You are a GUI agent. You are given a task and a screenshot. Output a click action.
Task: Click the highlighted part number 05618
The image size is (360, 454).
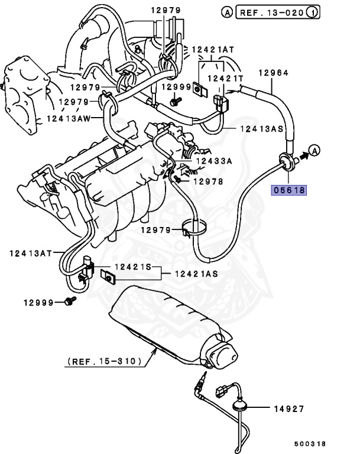pyautogui.click(x=290, y=190)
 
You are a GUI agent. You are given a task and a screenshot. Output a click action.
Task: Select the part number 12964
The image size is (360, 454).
pyautogui.click(x=274, y=73)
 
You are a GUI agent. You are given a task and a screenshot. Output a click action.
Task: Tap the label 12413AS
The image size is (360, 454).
pyautogui.click(x=261, y=129)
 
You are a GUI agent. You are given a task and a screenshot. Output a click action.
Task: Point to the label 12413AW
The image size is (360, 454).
pyautogui.click(x=67, y=118)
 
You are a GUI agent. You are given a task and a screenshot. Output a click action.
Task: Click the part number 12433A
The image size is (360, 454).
pyautogui.click(x=215, y=160)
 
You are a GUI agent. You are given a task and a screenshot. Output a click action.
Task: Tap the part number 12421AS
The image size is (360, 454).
pyautogui.click(x=196, y=274)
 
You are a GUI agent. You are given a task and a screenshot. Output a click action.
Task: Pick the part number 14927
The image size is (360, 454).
pyautogui.click(x=290, y=408)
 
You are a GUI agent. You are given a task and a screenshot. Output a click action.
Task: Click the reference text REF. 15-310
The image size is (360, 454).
pyautogui.click(x=103, y=361)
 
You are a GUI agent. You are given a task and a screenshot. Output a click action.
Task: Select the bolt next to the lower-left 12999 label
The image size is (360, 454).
pyautogui.click(x=71, y=302)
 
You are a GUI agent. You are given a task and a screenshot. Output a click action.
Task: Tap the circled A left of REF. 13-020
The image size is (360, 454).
pyautogui.click(x=226, y=11)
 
